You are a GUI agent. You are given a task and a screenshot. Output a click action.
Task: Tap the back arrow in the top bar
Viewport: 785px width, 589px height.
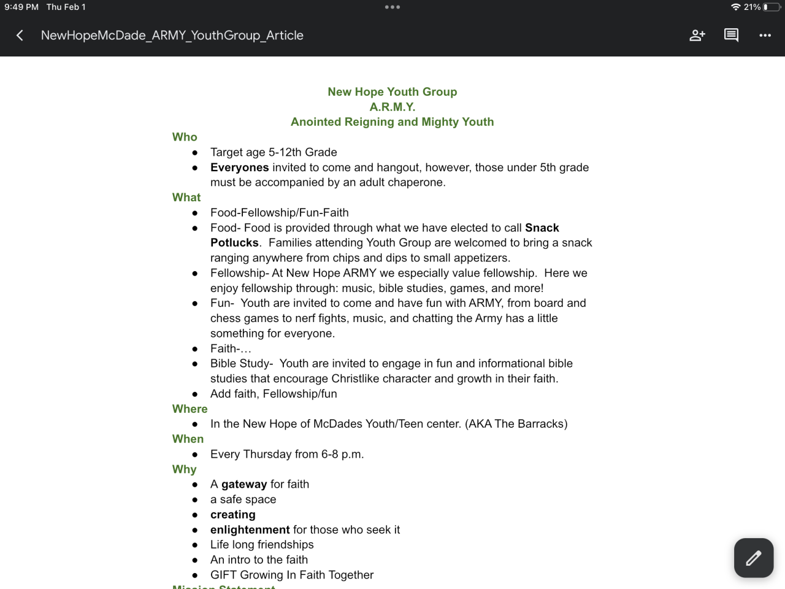pos(20,36)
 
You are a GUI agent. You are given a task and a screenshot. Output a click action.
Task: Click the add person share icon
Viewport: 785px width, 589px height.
pos(697,36)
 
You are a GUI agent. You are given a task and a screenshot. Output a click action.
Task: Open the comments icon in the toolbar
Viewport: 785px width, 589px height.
pos(731,36)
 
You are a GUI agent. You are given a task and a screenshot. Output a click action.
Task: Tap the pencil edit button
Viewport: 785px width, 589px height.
pos(754,558)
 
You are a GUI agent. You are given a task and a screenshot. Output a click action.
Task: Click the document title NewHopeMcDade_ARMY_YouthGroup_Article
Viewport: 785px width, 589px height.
pos(172,36)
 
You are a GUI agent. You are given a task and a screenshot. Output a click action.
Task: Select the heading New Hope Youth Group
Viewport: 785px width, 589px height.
pos(392,92)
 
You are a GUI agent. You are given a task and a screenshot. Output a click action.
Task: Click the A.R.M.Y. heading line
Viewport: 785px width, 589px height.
pos(392,107)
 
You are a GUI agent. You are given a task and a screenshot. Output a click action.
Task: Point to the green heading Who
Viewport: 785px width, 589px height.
pos(185,137)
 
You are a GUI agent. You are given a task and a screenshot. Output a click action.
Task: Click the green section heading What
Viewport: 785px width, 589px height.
pos(186,198)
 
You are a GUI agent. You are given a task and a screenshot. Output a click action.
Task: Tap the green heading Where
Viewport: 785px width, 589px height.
pos(190,409)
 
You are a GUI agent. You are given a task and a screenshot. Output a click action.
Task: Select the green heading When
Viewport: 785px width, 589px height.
pos(188,439)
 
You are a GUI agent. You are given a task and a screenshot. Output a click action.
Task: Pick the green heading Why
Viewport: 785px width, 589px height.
pos(184,469)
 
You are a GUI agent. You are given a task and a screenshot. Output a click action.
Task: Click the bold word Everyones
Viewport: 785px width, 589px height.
pos(239,167)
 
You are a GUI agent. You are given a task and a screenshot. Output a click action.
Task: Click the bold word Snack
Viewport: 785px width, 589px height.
pos(542,228)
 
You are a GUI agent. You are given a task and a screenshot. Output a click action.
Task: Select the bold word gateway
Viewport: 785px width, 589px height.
pos(244,484)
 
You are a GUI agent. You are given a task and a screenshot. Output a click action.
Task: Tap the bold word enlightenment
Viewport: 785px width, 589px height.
pos(250,529)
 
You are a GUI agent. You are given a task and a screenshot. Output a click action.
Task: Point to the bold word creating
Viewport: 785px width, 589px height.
pos(232,515)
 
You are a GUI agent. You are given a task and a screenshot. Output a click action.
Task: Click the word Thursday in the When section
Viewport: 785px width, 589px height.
pos(266,454)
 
